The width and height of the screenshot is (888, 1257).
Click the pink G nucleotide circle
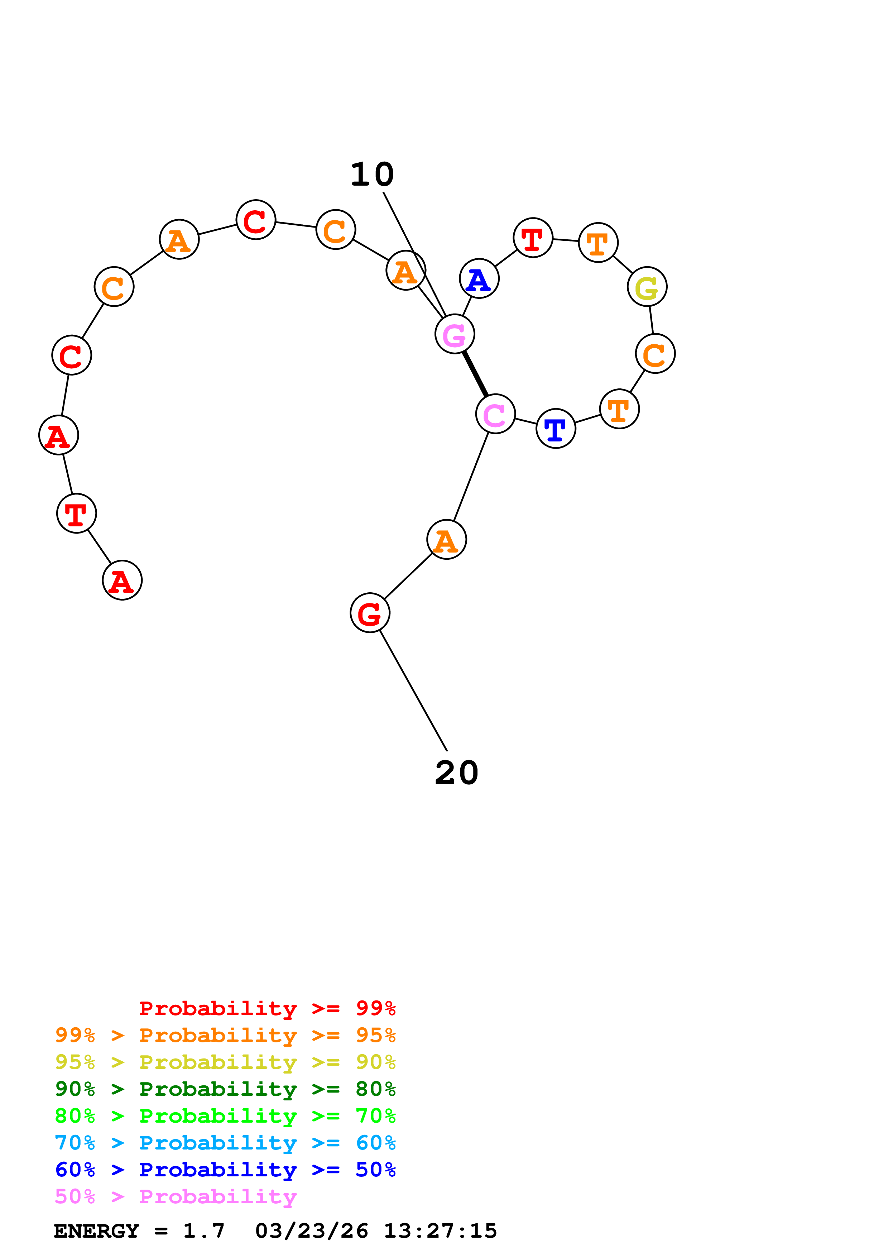click(x=454, y=334)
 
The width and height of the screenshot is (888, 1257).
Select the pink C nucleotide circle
click(x=495, y=414)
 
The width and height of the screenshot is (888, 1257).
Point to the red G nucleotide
click(x=370, y=613)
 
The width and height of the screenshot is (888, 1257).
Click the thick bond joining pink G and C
click(x=475, y=374)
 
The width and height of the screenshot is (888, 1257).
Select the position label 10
click(x=372, y=175)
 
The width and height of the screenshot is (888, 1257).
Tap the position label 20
click(x=456, y=773)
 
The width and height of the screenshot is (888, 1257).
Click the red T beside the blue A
click(x=533, y=238)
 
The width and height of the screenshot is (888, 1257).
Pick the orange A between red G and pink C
click(x=446, y=539)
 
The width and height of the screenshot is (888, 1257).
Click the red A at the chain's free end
click(x=122, y=580)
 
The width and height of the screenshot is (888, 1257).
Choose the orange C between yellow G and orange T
click(x=655, y=354)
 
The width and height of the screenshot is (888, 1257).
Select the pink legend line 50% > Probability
click(x=176, y=1197)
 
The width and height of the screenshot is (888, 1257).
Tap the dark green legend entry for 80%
click(x=225, y=1089)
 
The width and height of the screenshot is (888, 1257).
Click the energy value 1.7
click(x=203, y=1231)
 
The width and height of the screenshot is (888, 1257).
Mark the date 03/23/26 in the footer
click(x=312, y=1231)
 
